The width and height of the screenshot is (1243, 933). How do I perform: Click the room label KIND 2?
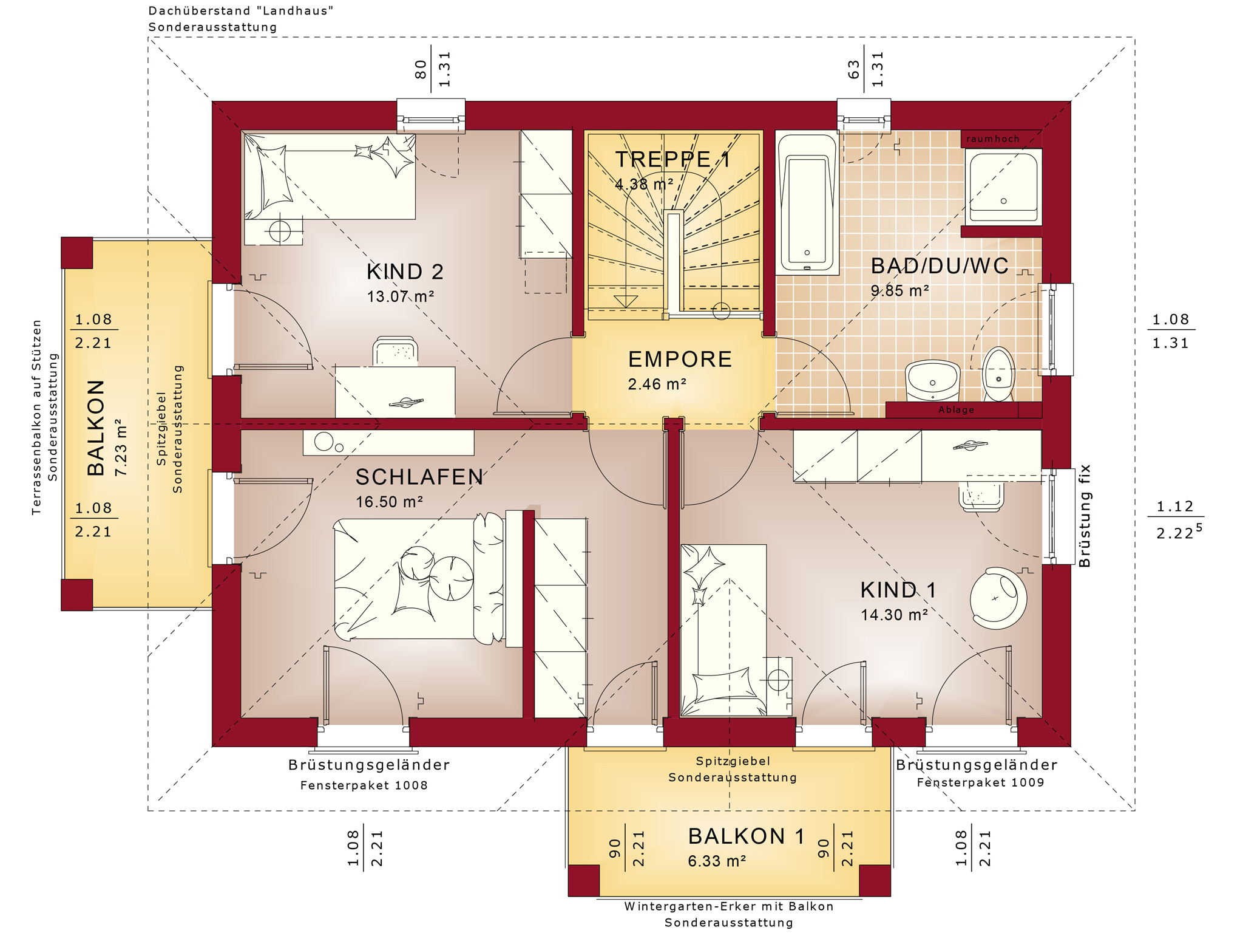click(x=405, y=272)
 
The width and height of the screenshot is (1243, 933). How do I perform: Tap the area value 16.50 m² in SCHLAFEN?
click(x=389, y=502)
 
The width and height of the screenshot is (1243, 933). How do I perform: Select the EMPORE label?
click(x=680, y=359)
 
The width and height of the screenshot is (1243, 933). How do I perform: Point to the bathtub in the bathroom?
click(x=807, y=204)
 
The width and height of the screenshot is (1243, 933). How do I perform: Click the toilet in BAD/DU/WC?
click(x=998, y=374)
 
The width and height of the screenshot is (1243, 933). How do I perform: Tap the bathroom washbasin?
click(x=932, y=381)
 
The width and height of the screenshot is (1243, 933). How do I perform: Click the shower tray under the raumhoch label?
click(x=1003, y=187)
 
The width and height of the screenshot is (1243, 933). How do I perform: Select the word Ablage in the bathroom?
click(x=956, y=410)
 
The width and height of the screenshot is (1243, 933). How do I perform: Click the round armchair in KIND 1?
click(x=998, y=598)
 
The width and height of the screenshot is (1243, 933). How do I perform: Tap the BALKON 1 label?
click(x=746, y=836)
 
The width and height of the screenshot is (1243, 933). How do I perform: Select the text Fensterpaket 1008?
click(x=364, y=785)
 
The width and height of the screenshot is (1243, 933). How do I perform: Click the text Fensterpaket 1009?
click(x=980, y=782)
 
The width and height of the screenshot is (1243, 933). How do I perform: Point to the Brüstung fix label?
click(x=1085, y=516)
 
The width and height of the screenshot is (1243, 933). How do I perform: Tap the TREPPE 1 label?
click(x=672, y=159)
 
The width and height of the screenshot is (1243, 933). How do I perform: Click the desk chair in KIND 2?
click(x=395, y=351)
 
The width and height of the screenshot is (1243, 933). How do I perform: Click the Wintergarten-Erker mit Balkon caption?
click(x=729, y=907)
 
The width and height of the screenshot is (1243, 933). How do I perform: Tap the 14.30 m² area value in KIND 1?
click(x=894, y=615)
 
